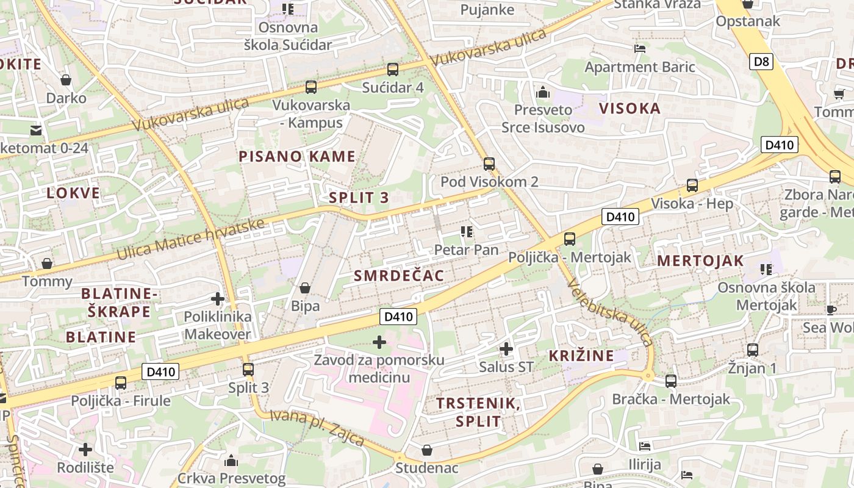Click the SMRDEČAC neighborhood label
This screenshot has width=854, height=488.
(399, 276)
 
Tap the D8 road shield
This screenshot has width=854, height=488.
(761, 61)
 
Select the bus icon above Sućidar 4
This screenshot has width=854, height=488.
(393, 70)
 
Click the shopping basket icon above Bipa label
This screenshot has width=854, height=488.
(305, 287)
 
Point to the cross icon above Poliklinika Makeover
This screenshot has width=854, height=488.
(217, 299)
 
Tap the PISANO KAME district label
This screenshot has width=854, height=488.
(297, 156)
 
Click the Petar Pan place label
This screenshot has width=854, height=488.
(466, 249)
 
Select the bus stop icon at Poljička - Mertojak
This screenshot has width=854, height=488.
(570, 239)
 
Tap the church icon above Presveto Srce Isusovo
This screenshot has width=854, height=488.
(542, 93)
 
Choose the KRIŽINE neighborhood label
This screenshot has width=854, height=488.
(581, 356)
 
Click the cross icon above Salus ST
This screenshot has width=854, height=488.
(506, 349)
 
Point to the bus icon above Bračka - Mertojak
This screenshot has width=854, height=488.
(671, 381)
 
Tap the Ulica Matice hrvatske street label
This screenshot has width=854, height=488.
(190, 239)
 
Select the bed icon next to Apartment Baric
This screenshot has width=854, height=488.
(640, 49)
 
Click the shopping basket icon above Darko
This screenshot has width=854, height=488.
(66, 80)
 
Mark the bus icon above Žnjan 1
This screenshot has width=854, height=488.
(753, 350)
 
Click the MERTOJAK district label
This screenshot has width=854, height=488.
(700, 261)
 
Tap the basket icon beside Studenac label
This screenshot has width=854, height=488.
(427, 450)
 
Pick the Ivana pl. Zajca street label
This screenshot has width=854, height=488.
(317, 428)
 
